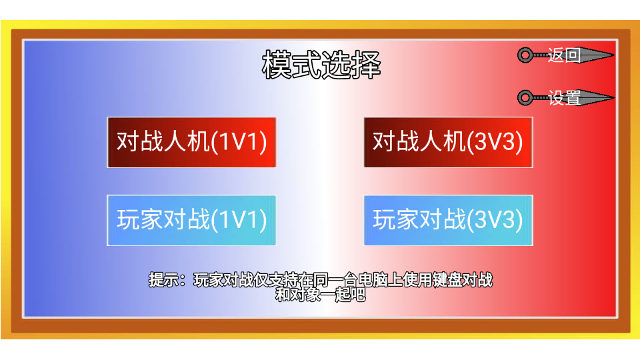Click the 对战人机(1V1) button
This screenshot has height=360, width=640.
[x=191, y=142]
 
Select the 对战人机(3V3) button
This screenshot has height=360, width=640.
[x=448, y=142]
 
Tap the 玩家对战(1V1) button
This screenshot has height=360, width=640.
[x=191, y=221]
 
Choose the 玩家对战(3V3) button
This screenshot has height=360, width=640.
[x=448, y=221]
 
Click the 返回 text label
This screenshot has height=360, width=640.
[x=564, y=55]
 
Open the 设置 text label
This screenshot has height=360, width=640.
[x=564, y=98]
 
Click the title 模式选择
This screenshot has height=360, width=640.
[x=321, y=65]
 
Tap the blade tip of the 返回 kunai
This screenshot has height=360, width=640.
[x=614, y=55]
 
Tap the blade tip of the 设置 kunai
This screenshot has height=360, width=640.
[x=614, y=97]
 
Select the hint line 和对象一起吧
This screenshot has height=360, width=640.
[x=321, y=294]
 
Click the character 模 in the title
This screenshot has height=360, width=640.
[x=276, y=65]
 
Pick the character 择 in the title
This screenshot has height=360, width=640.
[x=366, y=65]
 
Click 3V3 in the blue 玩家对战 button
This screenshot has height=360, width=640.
[x=495, y=221]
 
